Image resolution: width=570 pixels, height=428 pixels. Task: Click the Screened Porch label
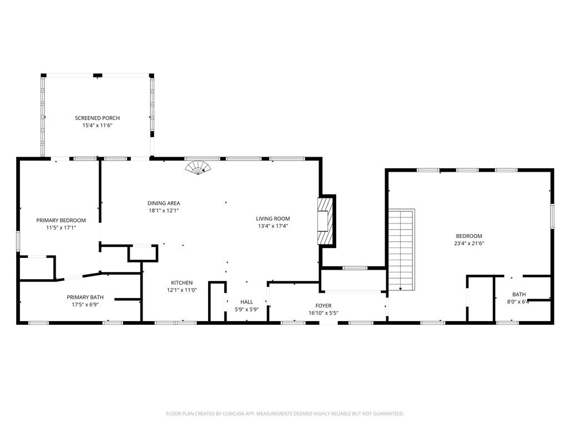click(x=97, y=118)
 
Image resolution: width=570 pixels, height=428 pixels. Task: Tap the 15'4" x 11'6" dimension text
click(x=97, y=125)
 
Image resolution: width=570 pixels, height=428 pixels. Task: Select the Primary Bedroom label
click(x=61, y=220)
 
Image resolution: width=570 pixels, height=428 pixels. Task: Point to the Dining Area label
click(x=164, y=203)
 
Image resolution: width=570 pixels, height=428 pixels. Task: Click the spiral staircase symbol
click(x=198, y=168)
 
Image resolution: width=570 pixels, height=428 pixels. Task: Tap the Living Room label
click(x=273, y=218)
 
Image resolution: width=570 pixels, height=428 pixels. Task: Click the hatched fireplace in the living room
click(x=325, y=221)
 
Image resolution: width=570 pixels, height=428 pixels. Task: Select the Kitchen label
click(x=182, y=283)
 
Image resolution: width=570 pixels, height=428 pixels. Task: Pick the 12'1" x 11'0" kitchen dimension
click(x=182, y=290)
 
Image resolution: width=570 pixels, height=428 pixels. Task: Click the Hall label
click(x=247, y=301)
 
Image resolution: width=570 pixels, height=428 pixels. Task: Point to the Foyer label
click(x=323, y=306)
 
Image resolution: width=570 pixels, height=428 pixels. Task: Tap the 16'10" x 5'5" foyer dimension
click(x=323, y=313)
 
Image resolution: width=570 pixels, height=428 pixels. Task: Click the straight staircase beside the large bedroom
click(x=401, y=250)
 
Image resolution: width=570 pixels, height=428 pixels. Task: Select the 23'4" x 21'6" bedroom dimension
click(x=469, y=244)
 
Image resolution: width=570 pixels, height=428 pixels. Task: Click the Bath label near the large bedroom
click(x=519, y=294)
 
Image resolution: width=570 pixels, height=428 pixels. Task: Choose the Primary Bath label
click(x=85, y=297)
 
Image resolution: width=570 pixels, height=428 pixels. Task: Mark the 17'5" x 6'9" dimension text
click(x=85, y=305)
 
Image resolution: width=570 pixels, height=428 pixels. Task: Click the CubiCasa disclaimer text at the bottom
click(x=285, y=414)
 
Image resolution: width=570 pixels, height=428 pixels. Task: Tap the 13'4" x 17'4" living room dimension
click(x=273, y=226)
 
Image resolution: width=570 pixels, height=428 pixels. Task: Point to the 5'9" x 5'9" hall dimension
click(x=247, y=309)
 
